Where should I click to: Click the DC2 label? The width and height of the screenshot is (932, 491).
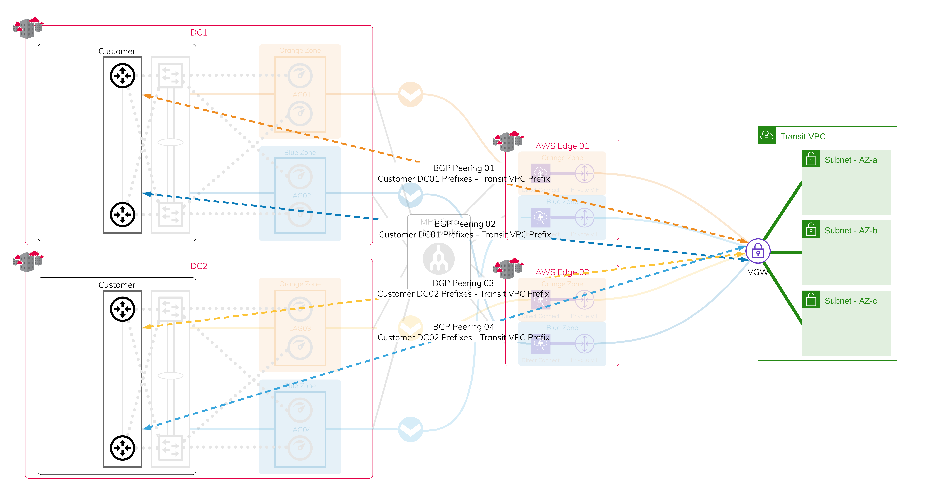(x=199, y=266)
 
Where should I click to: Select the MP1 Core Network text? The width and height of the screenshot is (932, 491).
(x=439, y=227)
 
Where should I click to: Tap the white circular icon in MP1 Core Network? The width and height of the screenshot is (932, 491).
(x=439, y=259)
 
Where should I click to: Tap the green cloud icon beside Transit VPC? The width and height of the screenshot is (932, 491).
(x=767, y=135)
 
